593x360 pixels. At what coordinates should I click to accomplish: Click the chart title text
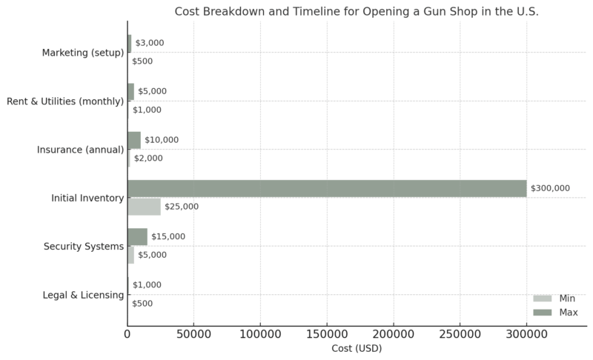click(x=357, y=12)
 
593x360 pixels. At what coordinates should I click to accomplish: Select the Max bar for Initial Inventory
click(x=327, y=188)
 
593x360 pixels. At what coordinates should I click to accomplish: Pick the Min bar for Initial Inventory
click(x=144, y=207)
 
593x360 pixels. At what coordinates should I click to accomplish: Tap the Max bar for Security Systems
click(x=137, y=236)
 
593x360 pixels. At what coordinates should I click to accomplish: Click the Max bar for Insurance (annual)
click(x=134, y=140)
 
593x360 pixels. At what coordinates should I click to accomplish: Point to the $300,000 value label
click(x=550, y=188)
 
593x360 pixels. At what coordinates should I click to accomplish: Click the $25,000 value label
click(x=182, y=207)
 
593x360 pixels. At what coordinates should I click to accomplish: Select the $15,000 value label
click(x=169, y=236)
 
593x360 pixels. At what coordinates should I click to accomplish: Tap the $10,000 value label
click(x=162, y=140)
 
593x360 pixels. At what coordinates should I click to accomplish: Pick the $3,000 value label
click(x=150, y=43)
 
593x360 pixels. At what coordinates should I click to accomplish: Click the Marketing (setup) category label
click(x=82, y=53)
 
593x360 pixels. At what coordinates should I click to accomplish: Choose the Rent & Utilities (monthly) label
click(x=64, y=101)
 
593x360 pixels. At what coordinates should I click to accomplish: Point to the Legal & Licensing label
click(x=82, y=295)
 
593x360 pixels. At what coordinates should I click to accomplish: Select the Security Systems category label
click(x=83, y=246)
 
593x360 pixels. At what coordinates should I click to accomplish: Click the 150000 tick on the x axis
click(x=327, y=334)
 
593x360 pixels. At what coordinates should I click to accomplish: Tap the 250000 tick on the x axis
click(x=460, y=334)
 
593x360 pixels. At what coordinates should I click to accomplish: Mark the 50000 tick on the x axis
click(x=193, y=334)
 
